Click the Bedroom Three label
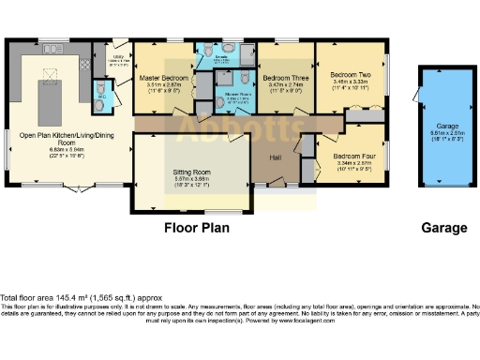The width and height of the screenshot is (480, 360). pyautogui.click(x=282, y=78)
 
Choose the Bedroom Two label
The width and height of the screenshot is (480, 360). pyautogui.click(x=351, y=74)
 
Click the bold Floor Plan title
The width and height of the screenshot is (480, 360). pyautogui.click(x=198, y=228)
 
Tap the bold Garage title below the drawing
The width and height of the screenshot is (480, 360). pyautogui.click(x=443, y=228)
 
